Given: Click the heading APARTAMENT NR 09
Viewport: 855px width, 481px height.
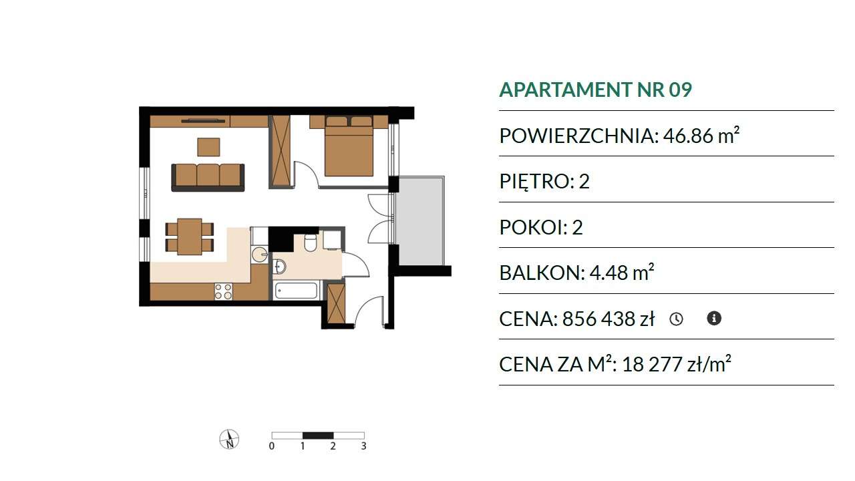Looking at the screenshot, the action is tap(595, 90).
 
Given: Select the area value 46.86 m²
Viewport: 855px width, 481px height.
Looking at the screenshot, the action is tap(701, 135).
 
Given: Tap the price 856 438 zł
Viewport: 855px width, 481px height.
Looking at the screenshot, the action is tap(609, 319).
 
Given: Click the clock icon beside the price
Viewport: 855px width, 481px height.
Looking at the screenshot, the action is tap(677, 319).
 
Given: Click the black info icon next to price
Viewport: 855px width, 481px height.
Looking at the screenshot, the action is tap(714, 318).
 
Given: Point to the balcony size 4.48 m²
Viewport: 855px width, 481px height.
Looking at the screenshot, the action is tap(622, 272).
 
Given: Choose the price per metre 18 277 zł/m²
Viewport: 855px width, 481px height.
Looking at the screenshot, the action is tap(677, 364).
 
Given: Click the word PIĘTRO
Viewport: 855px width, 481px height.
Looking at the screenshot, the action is tap(534, 181).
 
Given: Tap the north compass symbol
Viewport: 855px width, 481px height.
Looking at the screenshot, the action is tap(229, 439).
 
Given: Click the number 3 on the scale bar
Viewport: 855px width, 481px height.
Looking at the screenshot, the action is tap(364, 446).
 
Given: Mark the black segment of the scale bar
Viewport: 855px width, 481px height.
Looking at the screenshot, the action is tap(318, 435).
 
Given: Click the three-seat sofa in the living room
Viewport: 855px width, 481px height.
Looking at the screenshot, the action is tap(208, 177).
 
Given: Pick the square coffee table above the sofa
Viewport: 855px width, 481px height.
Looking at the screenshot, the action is tap(208, 147).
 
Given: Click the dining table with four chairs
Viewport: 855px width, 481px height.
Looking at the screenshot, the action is tap(189, 236).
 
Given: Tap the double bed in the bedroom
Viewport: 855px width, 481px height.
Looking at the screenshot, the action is tap(349, 146).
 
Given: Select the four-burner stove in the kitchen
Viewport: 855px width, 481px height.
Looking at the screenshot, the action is tap(223, 291).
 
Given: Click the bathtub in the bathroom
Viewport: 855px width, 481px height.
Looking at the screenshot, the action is tap(296, 291).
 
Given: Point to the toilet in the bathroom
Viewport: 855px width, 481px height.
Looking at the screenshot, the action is tap(311, 243).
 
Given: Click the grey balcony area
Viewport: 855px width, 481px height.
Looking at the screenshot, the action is tap(420, 220).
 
